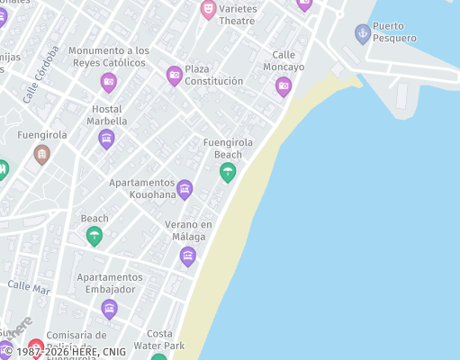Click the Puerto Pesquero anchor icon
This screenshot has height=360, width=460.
(363, 34)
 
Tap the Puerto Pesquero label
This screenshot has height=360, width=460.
(394, 32)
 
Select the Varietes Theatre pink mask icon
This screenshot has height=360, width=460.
(208, 10)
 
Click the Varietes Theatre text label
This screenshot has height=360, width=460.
(237, 14)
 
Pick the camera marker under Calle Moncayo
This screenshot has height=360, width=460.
(284, 86)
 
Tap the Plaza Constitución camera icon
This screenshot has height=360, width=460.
(175, 75)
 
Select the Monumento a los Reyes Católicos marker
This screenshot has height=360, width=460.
(109, 83)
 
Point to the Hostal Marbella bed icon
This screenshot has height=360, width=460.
(106, 139)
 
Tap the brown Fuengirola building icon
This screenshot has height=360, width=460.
(41, 154)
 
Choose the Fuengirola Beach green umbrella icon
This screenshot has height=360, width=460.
(228, 172)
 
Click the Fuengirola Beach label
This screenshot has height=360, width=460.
(228, 148)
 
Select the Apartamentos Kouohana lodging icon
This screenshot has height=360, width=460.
(185, 189)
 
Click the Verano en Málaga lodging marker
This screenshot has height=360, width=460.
(187, 256)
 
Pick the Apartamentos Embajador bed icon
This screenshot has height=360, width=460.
(109, 310)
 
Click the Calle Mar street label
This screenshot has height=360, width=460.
(29, 287)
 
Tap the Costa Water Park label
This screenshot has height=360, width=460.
(159, 339)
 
